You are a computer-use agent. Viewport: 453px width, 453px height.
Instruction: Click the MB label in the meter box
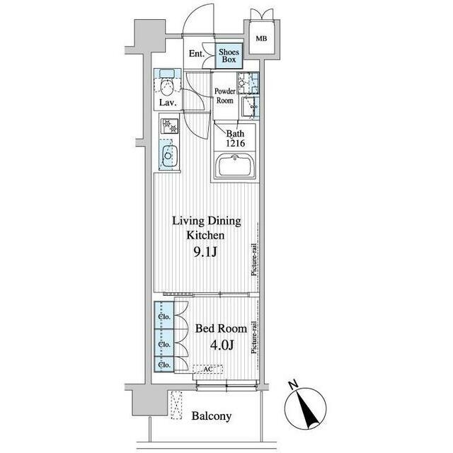[x=261, y=38]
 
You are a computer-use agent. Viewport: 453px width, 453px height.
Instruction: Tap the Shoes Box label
[x=229, y=56]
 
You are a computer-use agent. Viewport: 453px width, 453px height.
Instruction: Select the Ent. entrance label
[x=197, y=54]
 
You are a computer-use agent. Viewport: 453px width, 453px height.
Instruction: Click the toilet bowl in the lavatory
[x=167, y=88]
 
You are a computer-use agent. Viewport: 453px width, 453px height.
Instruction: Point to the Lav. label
[x=168, y=103]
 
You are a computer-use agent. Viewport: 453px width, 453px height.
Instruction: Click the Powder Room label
[x=225, y=96]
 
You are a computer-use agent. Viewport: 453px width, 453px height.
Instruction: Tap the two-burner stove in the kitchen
[x=170, y=126]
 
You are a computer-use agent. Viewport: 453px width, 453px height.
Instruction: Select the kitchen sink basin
[x=168, y=156]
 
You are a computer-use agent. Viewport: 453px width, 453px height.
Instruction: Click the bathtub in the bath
[x=234, y=165]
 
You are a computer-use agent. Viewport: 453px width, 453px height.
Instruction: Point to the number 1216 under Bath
[x=236, y=143]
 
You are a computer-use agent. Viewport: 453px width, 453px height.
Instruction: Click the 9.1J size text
[x=205, y=252]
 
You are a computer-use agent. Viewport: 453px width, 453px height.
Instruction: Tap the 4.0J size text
[x=222, y=345]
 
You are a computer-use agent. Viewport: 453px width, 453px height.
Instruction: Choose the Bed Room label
[x=221, y=328]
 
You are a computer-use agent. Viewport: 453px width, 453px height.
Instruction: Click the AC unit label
[x=208, y=369]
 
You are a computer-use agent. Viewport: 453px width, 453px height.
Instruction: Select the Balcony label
[x=212, y=416]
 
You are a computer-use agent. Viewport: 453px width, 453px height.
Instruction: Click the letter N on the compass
[x=294, y=385]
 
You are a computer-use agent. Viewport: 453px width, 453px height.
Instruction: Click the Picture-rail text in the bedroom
[x=254, y=338]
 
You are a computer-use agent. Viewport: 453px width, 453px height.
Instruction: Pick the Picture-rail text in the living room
[x=254, y=260]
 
